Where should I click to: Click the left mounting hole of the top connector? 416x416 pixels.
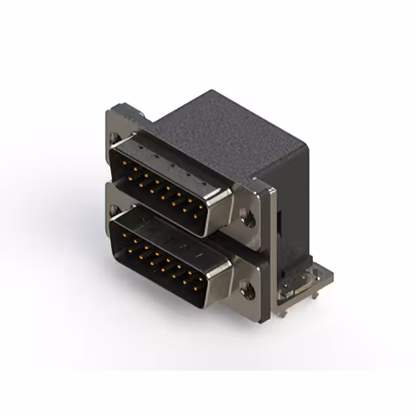coord(116,138)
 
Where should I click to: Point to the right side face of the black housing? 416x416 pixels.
coord(292,195)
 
